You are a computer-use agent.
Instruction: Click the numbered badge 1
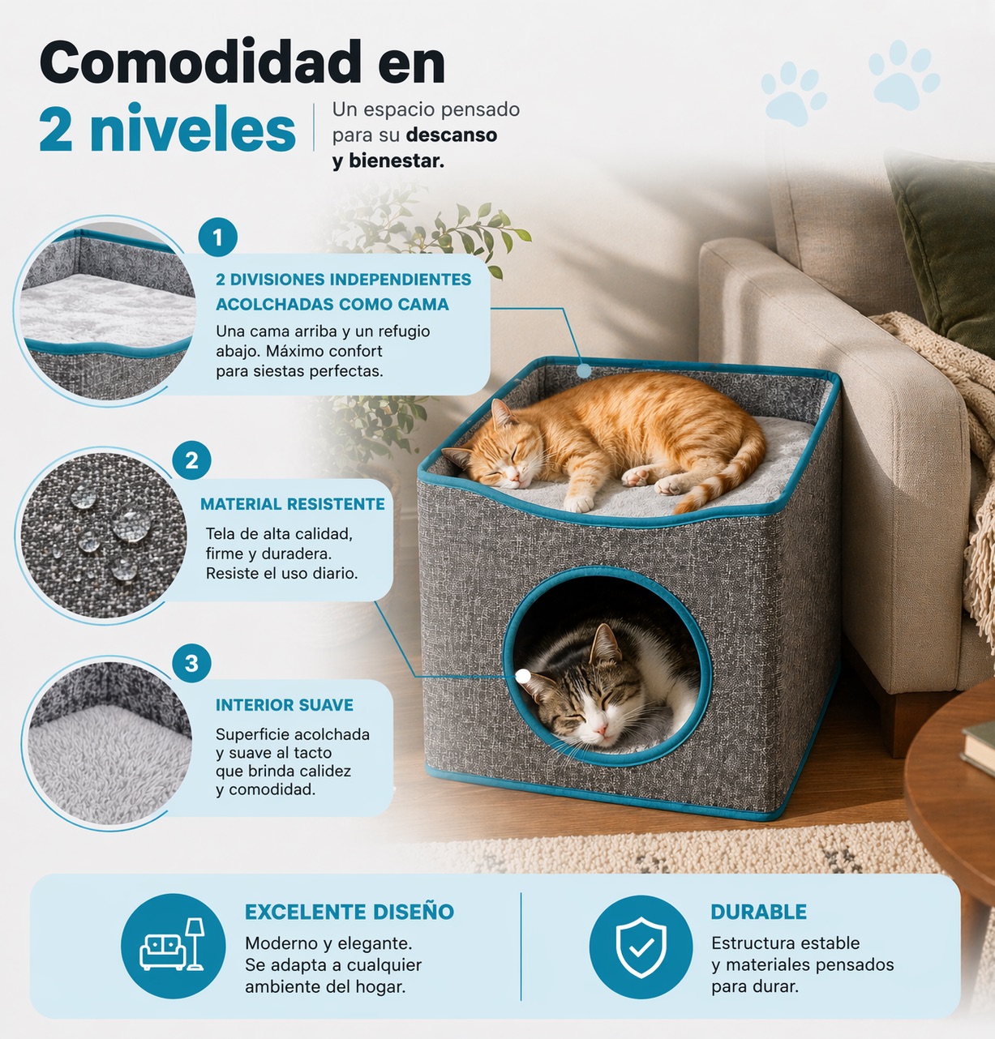[217, 237]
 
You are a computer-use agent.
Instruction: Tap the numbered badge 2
[191, 460]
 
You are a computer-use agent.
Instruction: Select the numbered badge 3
[191, 664]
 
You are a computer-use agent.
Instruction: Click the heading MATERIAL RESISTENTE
[292, 504]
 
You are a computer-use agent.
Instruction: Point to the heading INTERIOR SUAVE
[284, 705]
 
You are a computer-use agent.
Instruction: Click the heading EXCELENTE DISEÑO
[350, 912]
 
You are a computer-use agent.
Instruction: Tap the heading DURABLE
[758, 912]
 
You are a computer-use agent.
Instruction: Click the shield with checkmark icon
[641, 947]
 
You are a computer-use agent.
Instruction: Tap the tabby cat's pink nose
[602, 729]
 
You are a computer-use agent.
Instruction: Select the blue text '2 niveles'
[167, 129]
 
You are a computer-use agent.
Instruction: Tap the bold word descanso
[452, 135]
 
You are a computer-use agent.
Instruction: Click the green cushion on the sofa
[942, 251]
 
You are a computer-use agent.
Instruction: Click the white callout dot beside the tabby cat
[522, 677]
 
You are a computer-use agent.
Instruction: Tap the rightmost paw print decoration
[903, 75]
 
